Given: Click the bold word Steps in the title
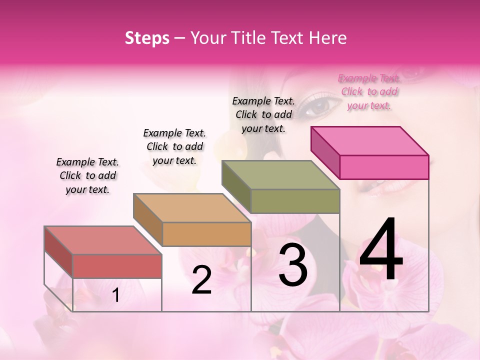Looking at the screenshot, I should tap(147, 38).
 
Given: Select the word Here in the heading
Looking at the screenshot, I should tap(327, 38).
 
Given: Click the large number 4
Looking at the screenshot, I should tap(381, 250).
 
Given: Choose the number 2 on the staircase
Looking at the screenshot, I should tap(201, 280).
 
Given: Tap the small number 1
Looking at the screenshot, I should tap(116, 295).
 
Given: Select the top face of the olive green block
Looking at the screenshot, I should tap(280, 174).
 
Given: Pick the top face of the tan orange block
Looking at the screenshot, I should tap(192, 207).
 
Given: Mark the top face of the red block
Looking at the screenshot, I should tap(103, 240).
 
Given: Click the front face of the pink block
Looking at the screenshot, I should tap(384, 167).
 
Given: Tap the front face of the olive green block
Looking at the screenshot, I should tap(295, 201).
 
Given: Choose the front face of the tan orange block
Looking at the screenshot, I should tap(206, 234).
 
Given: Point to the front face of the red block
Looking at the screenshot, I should tap(117, 266).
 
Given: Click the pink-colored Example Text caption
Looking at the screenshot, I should tap(369, 91).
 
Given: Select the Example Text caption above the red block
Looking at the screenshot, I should tap(87, 175).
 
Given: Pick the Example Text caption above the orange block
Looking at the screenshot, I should tap(174, 146).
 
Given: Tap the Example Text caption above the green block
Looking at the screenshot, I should tap(263, 114).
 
